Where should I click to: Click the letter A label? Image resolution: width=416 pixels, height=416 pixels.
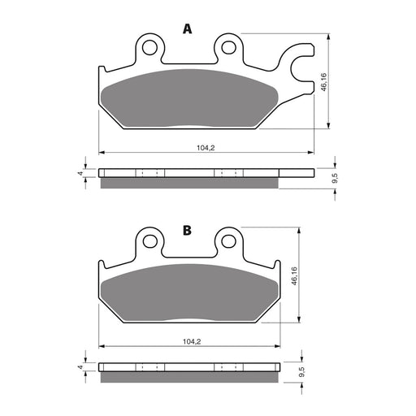coord(188,29)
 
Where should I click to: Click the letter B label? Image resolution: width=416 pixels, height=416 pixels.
coord(187,231)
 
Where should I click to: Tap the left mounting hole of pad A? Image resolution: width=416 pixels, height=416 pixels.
coord(149,48)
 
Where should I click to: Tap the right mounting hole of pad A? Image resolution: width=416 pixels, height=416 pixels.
coord(227,48)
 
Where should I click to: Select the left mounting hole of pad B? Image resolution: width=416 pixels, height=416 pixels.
coord(149,240)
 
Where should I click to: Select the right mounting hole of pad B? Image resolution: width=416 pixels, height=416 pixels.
coord(227,240)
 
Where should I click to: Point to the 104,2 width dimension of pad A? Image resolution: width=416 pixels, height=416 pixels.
coord(206,147)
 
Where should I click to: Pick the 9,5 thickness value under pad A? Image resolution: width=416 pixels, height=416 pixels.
coord(334,177)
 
